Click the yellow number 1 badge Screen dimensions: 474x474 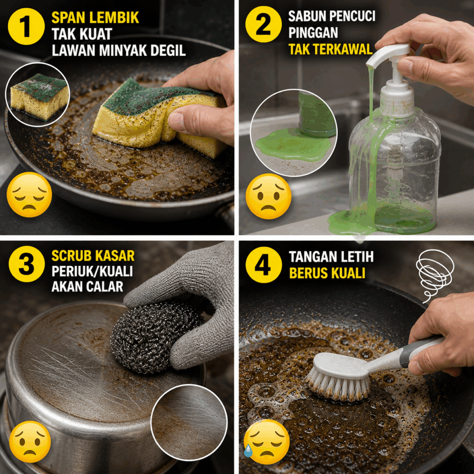point(26,26)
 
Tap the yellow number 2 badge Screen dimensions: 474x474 point(263,24)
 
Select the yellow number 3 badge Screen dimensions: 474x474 point(26,264)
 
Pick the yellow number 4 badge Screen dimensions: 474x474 point(263,264)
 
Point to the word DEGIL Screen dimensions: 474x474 point(168,50)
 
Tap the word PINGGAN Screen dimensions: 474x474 point(313,33)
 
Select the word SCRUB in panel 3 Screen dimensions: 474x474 point(71,256)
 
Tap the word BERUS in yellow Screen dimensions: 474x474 point(309,273)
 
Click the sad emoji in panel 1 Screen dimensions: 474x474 point(29,195)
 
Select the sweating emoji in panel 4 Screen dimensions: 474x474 point(266,442)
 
